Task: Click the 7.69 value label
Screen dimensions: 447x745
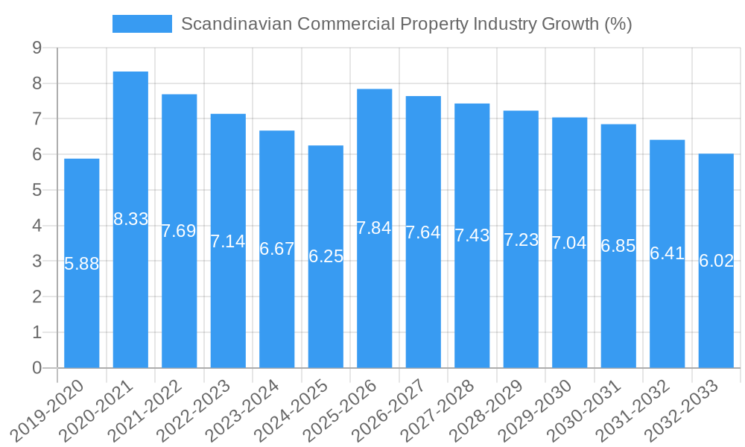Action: click(179, 231)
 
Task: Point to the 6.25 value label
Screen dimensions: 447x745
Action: click(326, 256)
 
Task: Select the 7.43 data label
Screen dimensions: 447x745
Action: click(472, 235)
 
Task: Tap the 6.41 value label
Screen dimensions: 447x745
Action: click(668, 253)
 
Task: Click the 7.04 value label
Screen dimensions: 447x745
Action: click(570, 243)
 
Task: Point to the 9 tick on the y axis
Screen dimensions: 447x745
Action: click(37, 48)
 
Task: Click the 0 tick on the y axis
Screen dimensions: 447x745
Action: click(37, 368)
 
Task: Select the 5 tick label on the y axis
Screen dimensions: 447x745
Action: click(37, 190)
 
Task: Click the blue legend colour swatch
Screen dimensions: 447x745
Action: click(142, 24)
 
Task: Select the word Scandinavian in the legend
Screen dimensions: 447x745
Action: click(236, 24)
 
